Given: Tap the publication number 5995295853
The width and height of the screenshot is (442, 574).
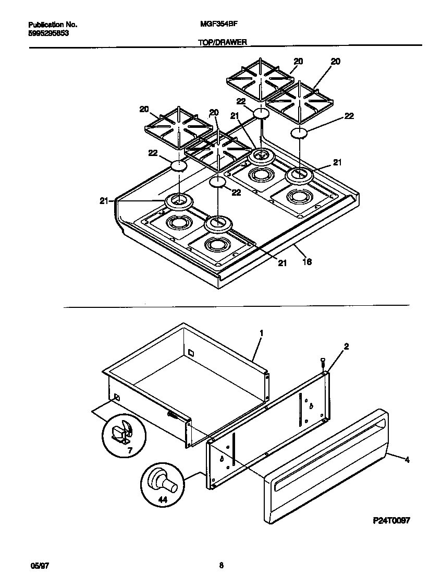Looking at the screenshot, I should [48, 32].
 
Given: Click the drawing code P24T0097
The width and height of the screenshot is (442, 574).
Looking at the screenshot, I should [392, 520].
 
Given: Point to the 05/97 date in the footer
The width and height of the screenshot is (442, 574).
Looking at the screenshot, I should [36, 565].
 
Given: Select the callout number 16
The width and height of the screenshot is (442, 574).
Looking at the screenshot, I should [307, 262].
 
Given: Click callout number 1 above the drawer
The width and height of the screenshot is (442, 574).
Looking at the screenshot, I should [261, 332].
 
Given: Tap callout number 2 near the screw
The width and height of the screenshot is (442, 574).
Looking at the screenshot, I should [347, 346].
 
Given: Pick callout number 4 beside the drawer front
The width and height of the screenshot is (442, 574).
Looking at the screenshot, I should [407, 460].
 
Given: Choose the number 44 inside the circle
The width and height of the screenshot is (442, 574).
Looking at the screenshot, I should [162, 499].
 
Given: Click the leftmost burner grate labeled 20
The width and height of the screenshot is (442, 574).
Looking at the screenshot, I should [178, 126].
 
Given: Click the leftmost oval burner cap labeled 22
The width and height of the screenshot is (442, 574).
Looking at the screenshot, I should [178, 166].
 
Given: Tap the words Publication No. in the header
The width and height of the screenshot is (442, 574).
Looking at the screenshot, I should [52, 25].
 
